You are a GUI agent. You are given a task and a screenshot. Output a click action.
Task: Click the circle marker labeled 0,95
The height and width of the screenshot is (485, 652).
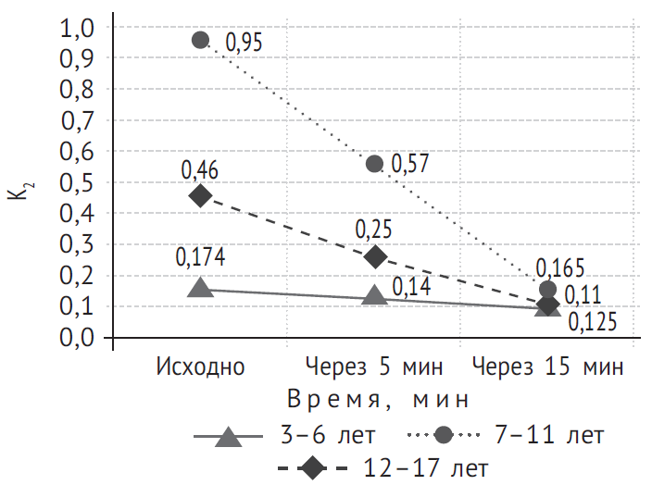[201, 40]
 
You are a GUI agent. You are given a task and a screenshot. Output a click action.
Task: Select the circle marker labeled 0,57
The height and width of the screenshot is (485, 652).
[375, 164]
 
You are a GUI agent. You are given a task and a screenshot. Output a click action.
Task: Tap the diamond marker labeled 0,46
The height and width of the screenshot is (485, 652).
[201, 195]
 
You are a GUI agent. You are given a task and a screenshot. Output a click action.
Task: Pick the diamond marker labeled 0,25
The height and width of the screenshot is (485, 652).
[375, 256]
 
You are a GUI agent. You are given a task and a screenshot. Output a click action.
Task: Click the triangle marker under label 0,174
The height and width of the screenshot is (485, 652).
[201, 287]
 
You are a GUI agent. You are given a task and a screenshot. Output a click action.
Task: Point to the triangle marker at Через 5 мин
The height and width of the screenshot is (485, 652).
[375, 296]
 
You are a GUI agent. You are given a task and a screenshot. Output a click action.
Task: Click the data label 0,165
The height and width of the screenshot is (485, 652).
[560, 269]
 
